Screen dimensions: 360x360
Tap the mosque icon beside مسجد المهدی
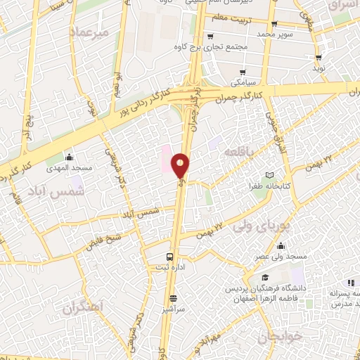coord(69,157)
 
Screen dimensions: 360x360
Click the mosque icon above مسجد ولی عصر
coord(281,246)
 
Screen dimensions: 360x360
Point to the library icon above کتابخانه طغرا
coord(269,175)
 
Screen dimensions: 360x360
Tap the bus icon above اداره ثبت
coord(169,257)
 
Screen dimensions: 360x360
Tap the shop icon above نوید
coord(319,58)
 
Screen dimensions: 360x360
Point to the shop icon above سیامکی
coord(243,72)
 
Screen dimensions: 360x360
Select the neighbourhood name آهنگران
coord(82,307)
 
